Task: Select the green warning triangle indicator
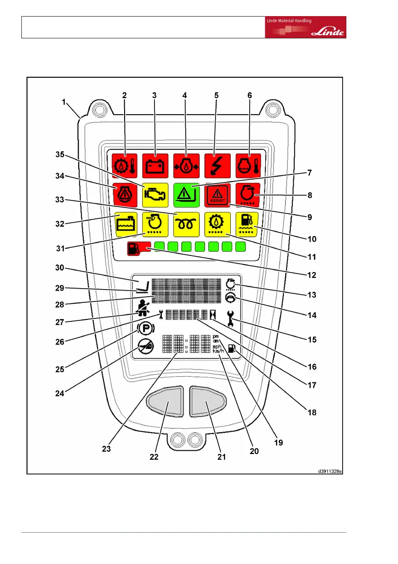pyautogui.click(x=186, y=195)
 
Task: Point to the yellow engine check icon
pyautogui.click(x=154, y=195)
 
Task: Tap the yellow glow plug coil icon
pyautogui.click(x=186, y=223)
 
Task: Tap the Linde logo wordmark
pyautogui.click(x=328, y=33)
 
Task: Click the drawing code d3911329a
pyautogui.click(x=330, y=471)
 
